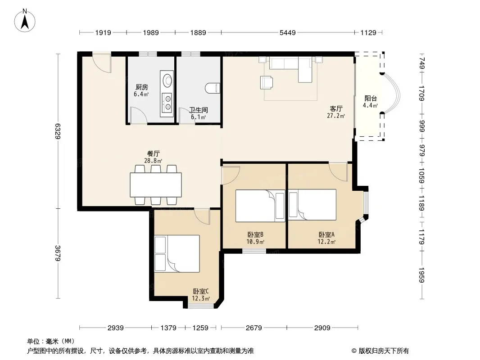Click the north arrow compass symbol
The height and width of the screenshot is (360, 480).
(25, 21)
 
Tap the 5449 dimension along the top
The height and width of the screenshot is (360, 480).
(287, 32)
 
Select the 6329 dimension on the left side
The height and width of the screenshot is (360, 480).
(58, 131)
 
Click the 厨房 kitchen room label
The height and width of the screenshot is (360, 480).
(142, 87)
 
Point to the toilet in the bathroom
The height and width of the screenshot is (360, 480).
(213, 88)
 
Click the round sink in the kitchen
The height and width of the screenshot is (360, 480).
(167, 80)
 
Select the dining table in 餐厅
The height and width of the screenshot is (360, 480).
(155, 185)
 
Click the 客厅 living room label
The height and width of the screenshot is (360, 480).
(336, 108)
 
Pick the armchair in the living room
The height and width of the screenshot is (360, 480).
(266, 82)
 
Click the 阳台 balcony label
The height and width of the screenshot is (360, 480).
(371, 99)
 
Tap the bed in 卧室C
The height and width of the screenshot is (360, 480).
(177, 253)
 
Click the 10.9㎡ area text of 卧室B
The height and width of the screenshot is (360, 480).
(255, 242)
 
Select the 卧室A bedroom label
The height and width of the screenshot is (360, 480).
(326, 234)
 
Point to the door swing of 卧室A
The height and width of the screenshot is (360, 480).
(338, 172)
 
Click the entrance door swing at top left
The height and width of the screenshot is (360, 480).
(102, 63)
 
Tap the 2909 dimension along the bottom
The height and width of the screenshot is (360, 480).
(322, 328)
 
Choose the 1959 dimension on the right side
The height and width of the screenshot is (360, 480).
(421, 275)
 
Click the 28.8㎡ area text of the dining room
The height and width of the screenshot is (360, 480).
(153, 161)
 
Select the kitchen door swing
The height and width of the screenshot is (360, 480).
(138, 115)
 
